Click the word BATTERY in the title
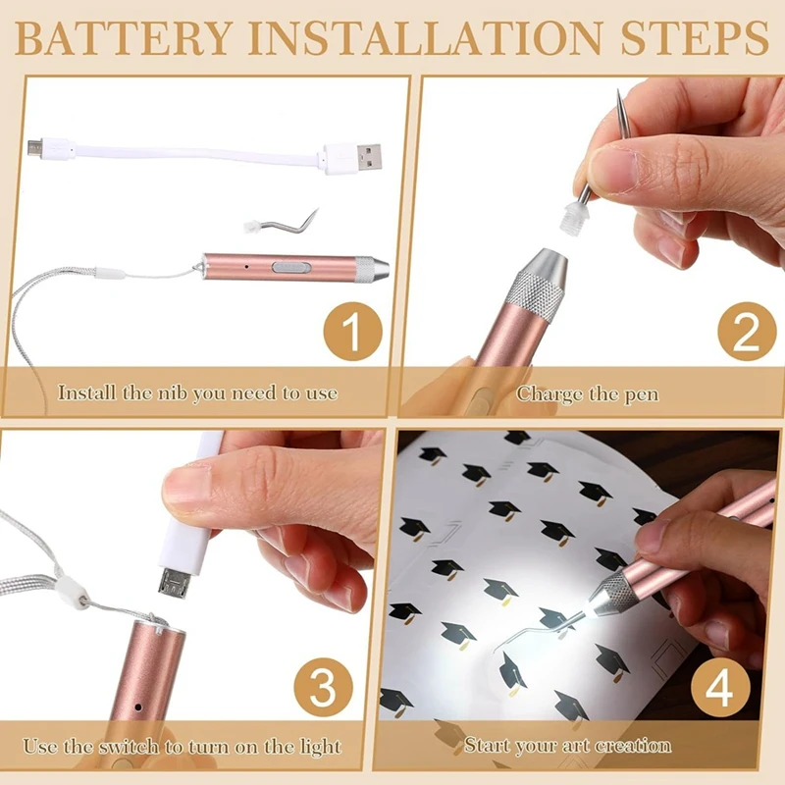coord(124,38)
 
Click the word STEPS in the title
coord(695,38)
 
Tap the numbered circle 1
coord(352,332)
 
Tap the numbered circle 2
coord(747,332)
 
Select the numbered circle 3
coord(323,687)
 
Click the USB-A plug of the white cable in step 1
coord(352,157)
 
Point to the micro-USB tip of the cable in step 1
coord(35,147)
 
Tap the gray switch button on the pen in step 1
coord(291,267)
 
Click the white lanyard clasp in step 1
coord(109,274)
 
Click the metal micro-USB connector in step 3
coord(174,584)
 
